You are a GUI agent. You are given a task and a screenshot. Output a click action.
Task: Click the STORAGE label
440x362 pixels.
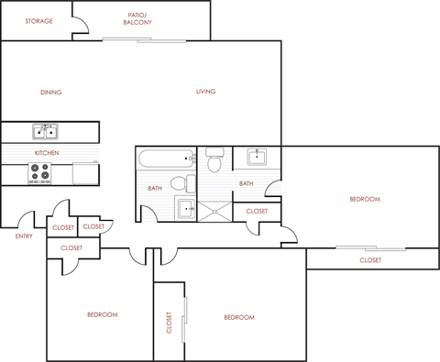click(x=38, y=20)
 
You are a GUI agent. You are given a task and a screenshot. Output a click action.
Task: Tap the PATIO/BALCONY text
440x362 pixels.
click(x=138, y=18)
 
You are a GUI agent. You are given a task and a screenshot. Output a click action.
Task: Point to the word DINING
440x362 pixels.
click(x=51, y=92)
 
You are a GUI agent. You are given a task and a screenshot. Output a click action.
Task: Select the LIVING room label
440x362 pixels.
click(x=205, y=92)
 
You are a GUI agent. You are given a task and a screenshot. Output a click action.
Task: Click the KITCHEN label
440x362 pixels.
click(x=47, y=152)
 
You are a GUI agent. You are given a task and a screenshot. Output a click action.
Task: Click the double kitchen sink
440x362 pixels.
click(x=45, y=131)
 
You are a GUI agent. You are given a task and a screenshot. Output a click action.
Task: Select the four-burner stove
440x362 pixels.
click(x=40, y=170)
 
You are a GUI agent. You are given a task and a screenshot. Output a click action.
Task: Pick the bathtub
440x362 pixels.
click(x=166, y=159)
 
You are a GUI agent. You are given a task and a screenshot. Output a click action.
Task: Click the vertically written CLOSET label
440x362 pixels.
click(x=170, y=322)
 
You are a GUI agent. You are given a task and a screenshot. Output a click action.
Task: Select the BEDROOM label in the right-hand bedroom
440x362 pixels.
click(x=365, y=199)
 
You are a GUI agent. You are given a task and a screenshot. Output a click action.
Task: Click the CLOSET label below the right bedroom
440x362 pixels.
click(x=370, y=259)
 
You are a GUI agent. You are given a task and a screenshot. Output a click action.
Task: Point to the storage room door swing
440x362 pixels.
click(x=81, y=28)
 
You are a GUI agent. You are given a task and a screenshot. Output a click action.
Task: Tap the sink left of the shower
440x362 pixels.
click(x=185, y=210)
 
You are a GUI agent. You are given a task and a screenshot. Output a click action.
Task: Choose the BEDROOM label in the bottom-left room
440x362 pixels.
click(x=102, y=314)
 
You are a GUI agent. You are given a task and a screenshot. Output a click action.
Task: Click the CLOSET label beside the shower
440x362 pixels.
click(x=258, y=211)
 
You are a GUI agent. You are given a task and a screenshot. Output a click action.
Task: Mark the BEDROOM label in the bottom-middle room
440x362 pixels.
click(x=238, y=317)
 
